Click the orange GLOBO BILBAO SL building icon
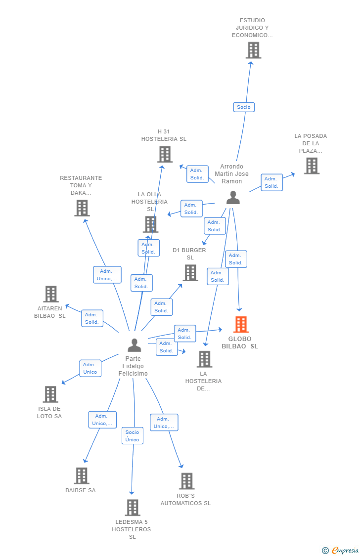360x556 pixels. [x=241, y=324]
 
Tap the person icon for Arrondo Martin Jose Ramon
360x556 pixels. [x=233, y=198]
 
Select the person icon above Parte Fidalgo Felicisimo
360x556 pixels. [x=134, y=345]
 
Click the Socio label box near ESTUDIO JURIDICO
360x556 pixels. [x=244, y=107]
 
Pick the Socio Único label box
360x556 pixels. [x=133, y=436]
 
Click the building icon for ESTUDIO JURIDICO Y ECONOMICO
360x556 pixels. [x=254, y=50]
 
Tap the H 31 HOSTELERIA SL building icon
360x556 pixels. [x=165, y=154]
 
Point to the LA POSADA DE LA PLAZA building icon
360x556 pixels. [x=312, y=166]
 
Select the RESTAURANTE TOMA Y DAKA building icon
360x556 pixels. [x=82, y=208]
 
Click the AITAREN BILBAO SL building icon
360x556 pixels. [x=51, y=294]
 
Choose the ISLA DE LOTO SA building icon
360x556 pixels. [x=50, y=394]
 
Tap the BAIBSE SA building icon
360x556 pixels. [x=82, y=476]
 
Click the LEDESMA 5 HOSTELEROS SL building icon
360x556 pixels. [x=133, y=508]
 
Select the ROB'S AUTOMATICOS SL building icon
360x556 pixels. [x=187, y=481]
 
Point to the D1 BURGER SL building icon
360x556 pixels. [x=190, y=273]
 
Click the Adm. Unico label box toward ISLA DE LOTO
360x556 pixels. [x=90, y=368]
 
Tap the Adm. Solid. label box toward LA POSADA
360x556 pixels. [x=271, y=182]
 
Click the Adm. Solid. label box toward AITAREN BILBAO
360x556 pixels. [x=92, y=318]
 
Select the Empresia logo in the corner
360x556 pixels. [x=340, y=551]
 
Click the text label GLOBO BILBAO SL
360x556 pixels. [x=240, y=342]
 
